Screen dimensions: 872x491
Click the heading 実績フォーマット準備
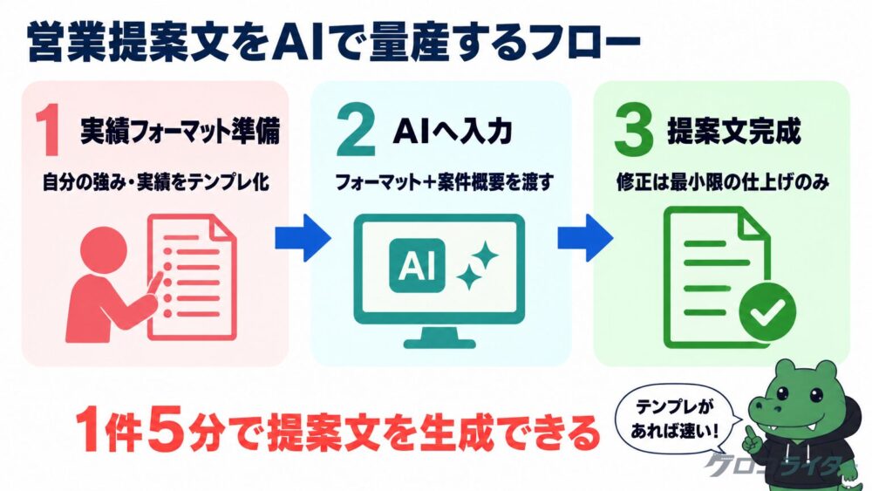coord(181,131)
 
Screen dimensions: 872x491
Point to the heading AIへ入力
coord(452,131)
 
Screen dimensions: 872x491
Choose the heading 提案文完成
coord(734,131)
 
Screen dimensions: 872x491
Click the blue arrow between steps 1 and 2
coord(303,238)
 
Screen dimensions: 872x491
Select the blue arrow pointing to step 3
coord(585,238)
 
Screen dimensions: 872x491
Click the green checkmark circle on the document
coord(767,312)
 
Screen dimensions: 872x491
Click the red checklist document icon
coord(192,277)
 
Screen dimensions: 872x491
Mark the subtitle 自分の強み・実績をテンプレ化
coord(156,181)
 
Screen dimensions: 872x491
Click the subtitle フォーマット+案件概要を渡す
coord(445,181)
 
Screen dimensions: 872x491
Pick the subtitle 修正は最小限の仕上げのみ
coord(723,181)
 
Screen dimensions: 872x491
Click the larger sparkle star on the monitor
coord(484,256)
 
